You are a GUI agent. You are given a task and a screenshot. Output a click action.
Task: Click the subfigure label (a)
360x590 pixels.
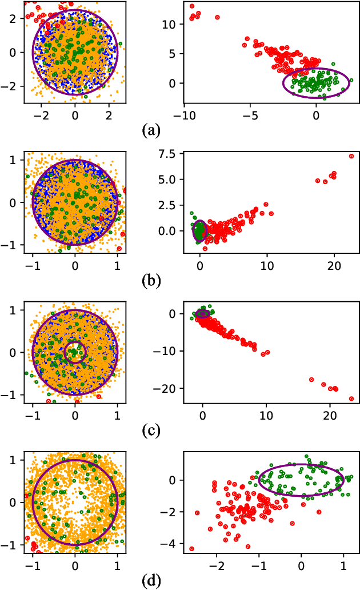(x=151, y=130)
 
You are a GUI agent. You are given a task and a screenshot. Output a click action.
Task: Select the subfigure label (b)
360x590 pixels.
(x=151, y=280)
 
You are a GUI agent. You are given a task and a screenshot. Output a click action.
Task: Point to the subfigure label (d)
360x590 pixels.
(x=151, y=581)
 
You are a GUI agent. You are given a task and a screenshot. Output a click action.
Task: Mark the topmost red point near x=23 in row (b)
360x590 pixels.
(x=351, y=156)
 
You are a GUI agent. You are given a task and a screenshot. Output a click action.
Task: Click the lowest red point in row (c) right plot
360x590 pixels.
(x=351, y=398)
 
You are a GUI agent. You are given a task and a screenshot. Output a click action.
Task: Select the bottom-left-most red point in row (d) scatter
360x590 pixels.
(x=192, y=549)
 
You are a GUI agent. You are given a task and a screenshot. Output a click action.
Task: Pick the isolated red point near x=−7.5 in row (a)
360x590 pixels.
(x=217, y=17)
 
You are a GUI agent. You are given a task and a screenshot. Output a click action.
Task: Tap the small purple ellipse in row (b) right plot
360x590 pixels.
(x=199, y=230)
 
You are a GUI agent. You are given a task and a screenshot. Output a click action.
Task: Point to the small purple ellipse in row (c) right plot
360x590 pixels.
(x=202, y=313)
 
